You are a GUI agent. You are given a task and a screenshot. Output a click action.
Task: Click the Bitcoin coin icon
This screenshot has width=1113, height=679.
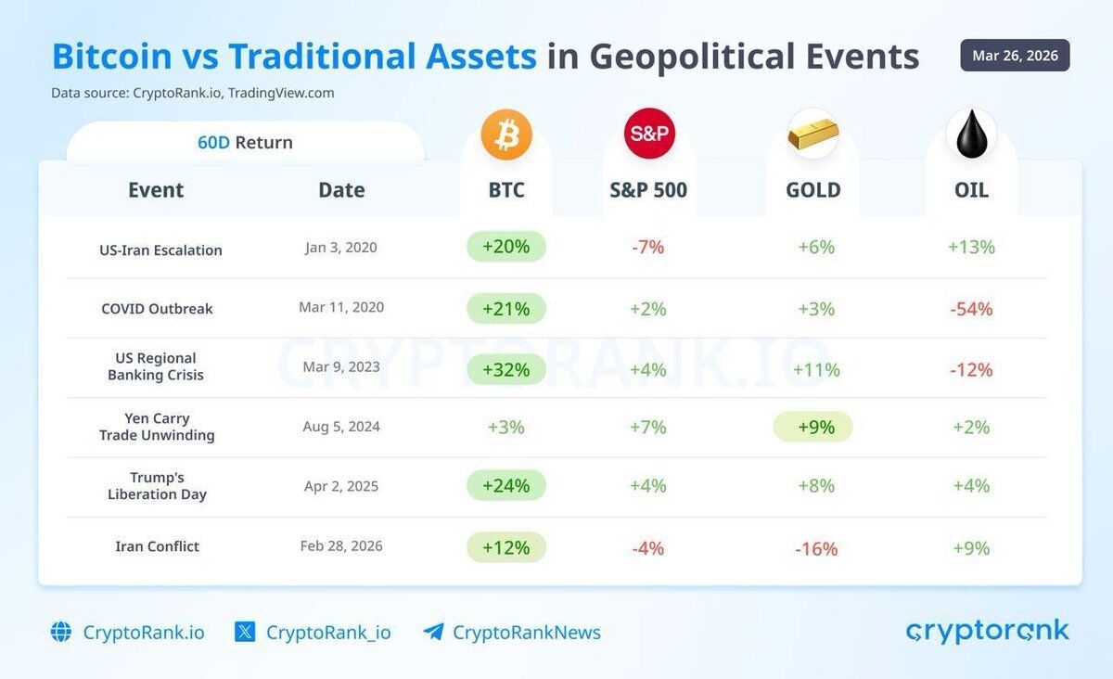506,135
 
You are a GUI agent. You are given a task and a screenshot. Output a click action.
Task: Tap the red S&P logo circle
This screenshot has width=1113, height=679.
649,134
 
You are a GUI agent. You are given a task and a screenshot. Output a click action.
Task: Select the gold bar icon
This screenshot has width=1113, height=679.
813,135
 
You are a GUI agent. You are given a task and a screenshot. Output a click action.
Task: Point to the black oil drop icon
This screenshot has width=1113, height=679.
971,135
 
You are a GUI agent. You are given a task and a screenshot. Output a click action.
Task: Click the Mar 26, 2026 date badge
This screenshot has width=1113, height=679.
1015,56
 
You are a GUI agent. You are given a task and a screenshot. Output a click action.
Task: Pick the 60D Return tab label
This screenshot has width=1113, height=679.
245,143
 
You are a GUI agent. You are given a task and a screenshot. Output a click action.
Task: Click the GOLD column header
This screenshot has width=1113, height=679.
813,190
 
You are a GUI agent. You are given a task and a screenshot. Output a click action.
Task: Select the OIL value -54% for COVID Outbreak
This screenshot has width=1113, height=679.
971,309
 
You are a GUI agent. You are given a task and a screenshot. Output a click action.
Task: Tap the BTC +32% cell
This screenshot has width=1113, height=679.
506,369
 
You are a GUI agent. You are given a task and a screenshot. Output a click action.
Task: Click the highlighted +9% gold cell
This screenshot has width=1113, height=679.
813,427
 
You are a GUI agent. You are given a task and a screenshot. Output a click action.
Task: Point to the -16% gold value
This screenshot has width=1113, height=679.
816,548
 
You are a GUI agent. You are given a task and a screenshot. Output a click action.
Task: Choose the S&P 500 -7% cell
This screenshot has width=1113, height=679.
648,248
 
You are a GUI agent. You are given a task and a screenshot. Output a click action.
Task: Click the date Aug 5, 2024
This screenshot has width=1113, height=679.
341,427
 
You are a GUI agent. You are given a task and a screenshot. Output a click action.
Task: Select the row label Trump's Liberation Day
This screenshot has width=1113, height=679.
157,486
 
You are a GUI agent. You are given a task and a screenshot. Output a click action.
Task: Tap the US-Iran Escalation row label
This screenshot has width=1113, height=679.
160,250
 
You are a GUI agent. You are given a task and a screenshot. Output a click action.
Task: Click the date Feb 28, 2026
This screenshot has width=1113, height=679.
341,546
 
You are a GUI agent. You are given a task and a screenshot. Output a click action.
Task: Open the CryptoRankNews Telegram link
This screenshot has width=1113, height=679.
526,633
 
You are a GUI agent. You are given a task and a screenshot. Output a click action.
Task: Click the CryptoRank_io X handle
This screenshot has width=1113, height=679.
328,633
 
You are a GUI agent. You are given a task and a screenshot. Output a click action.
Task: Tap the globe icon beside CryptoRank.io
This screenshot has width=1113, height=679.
61,633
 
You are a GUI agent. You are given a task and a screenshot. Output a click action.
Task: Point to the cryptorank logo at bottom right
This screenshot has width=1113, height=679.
987,632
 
